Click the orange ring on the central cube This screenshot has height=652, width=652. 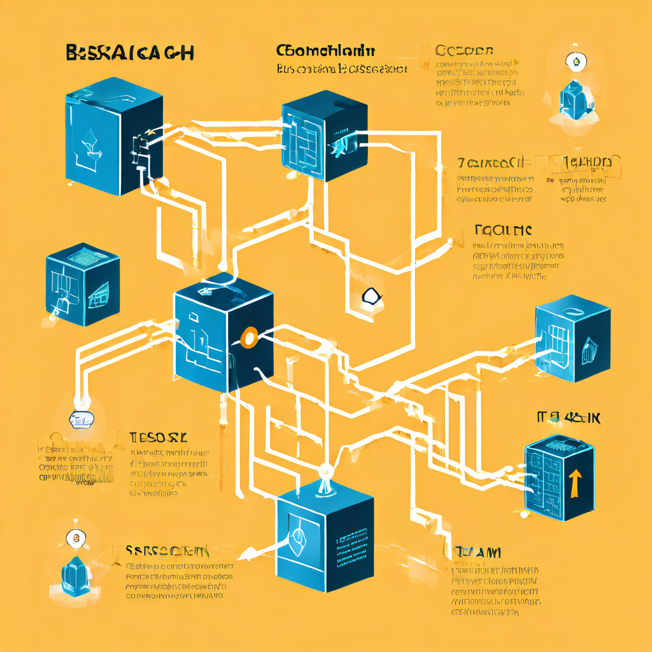[249, 337]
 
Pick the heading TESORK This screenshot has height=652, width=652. [159, 437]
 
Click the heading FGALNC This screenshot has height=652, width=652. [504, 229]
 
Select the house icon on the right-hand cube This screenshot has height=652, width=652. [586, 348]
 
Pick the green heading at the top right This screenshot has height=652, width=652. [464, 52]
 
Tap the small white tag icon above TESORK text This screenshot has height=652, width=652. [81, 418]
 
